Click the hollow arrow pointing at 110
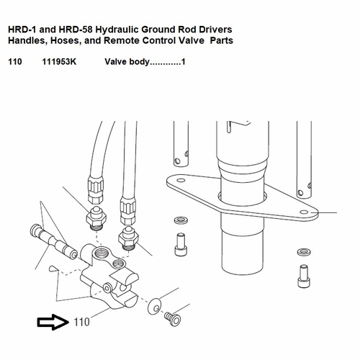(x=51, y=322)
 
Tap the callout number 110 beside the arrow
(x=82, y=323)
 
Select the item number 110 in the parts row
(x=14, y=63)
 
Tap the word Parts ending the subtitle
(x=220, y=41)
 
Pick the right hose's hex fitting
(x=128, y=233)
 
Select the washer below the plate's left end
(x=179, y=220)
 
